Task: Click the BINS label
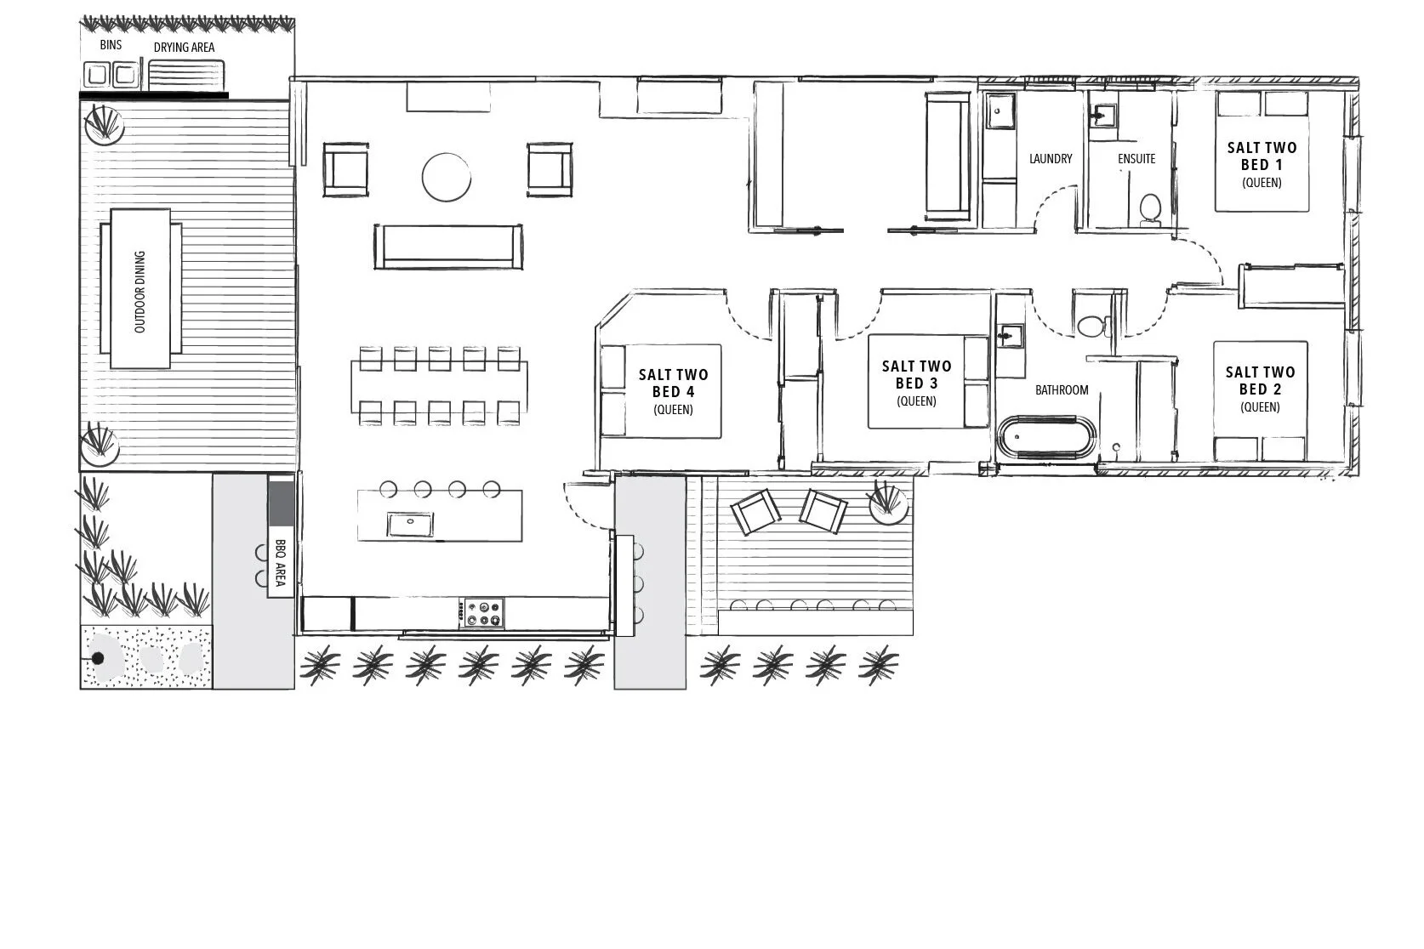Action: click(x=111, y=45)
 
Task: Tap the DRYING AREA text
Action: click(x=184, y=48)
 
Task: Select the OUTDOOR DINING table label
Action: click(x=140, y=292)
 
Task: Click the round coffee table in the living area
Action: click(x=446, y=177)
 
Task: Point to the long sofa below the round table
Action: click(x=448, y=247)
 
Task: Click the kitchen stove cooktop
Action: click(x=482, y=613)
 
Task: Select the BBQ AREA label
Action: click(x=280, y=562)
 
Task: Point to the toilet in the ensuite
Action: click(x=1150, y=209)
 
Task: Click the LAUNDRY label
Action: click(x=1051, y=159)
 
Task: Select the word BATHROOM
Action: click(x=1062, y=390)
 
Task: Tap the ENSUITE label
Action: click(x=1136, y=159)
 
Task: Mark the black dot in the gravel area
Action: click(x=98, y=658)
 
